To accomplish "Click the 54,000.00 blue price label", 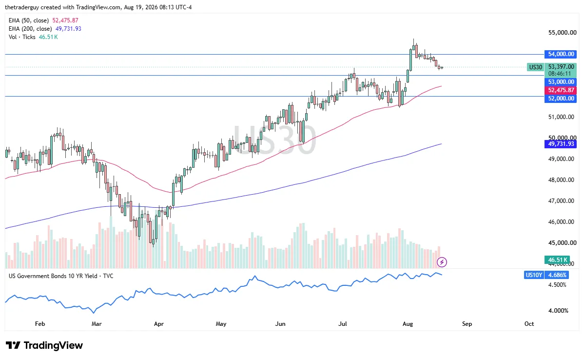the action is [560, 54].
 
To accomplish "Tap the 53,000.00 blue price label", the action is [560, 82].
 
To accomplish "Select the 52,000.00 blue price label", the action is [560, 99].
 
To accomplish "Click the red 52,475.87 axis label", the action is [560, 90].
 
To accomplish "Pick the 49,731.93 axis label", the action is [560, 144].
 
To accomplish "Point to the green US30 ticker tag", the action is [535, 67].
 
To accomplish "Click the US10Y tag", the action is [534, 275].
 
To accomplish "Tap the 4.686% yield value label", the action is [557, 275].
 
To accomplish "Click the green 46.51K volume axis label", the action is [557, 260].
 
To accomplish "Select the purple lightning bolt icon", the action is [442, 262].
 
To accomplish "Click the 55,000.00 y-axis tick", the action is [562, 32].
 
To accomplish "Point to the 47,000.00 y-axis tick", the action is [561, 201].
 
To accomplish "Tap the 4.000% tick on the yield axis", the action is [558, 310].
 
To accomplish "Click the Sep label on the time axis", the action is [467, 324].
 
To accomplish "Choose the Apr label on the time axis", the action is [158, 324].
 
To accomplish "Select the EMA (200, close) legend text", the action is [30, 29].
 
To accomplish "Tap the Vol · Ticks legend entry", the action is [22, 37].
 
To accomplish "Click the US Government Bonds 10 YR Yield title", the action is [61, 276].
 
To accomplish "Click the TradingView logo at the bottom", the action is [44, 345].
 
